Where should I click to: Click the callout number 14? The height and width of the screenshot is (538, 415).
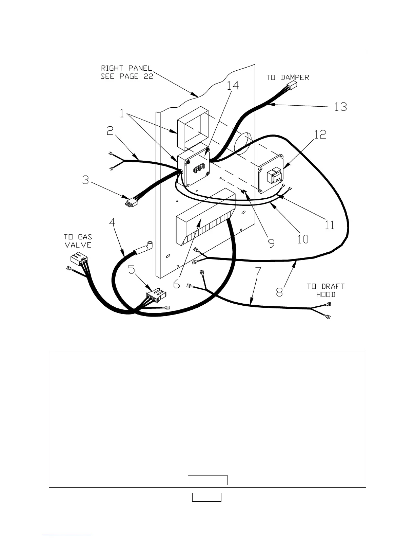tap(233, 85)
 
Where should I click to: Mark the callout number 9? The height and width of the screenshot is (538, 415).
tap(271, 243)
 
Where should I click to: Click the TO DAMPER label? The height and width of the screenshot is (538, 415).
tap(288, 77)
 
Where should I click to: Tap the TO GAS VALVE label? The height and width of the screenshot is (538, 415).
tap(78, 240)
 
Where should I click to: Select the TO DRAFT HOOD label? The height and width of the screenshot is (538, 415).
tap(326, 290)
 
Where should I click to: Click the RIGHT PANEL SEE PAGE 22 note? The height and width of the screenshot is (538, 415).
tap(127, 72)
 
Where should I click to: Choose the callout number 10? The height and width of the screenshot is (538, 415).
tap(303, 239)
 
